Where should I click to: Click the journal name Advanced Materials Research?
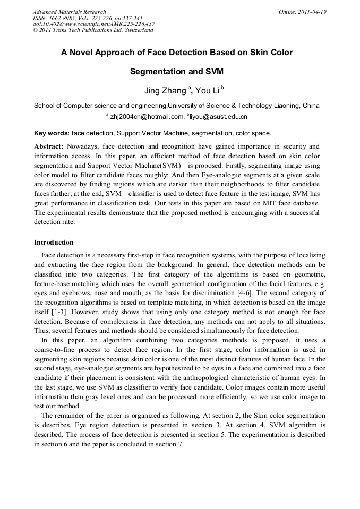pos(69,12)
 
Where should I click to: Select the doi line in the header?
pos(93,24)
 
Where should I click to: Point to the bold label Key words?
pos(52,133)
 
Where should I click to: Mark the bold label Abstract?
pos(49,146)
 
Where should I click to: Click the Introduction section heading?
pos(54,243)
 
